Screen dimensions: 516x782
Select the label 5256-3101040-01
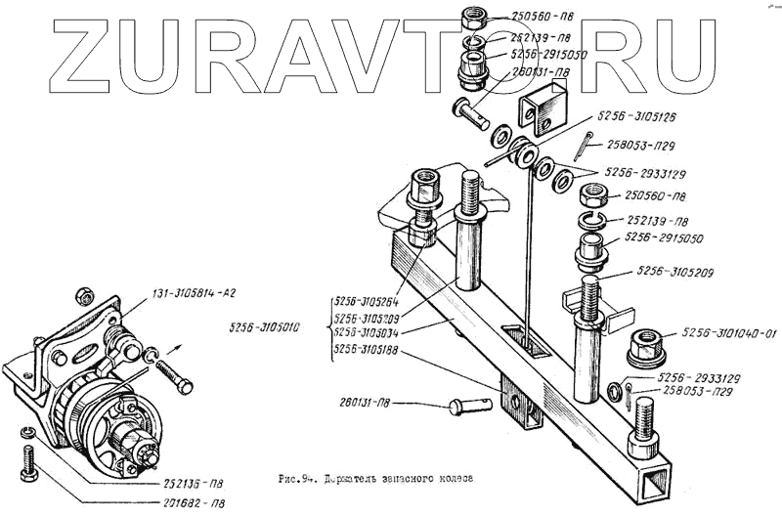click(727, 334)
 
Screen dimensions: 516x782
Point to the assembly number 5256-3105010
click(265, 327)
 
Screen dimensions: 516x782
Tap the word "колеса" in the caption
click(451, 481)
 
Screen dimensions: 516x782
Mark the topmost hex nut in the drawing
click(474, 17)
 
